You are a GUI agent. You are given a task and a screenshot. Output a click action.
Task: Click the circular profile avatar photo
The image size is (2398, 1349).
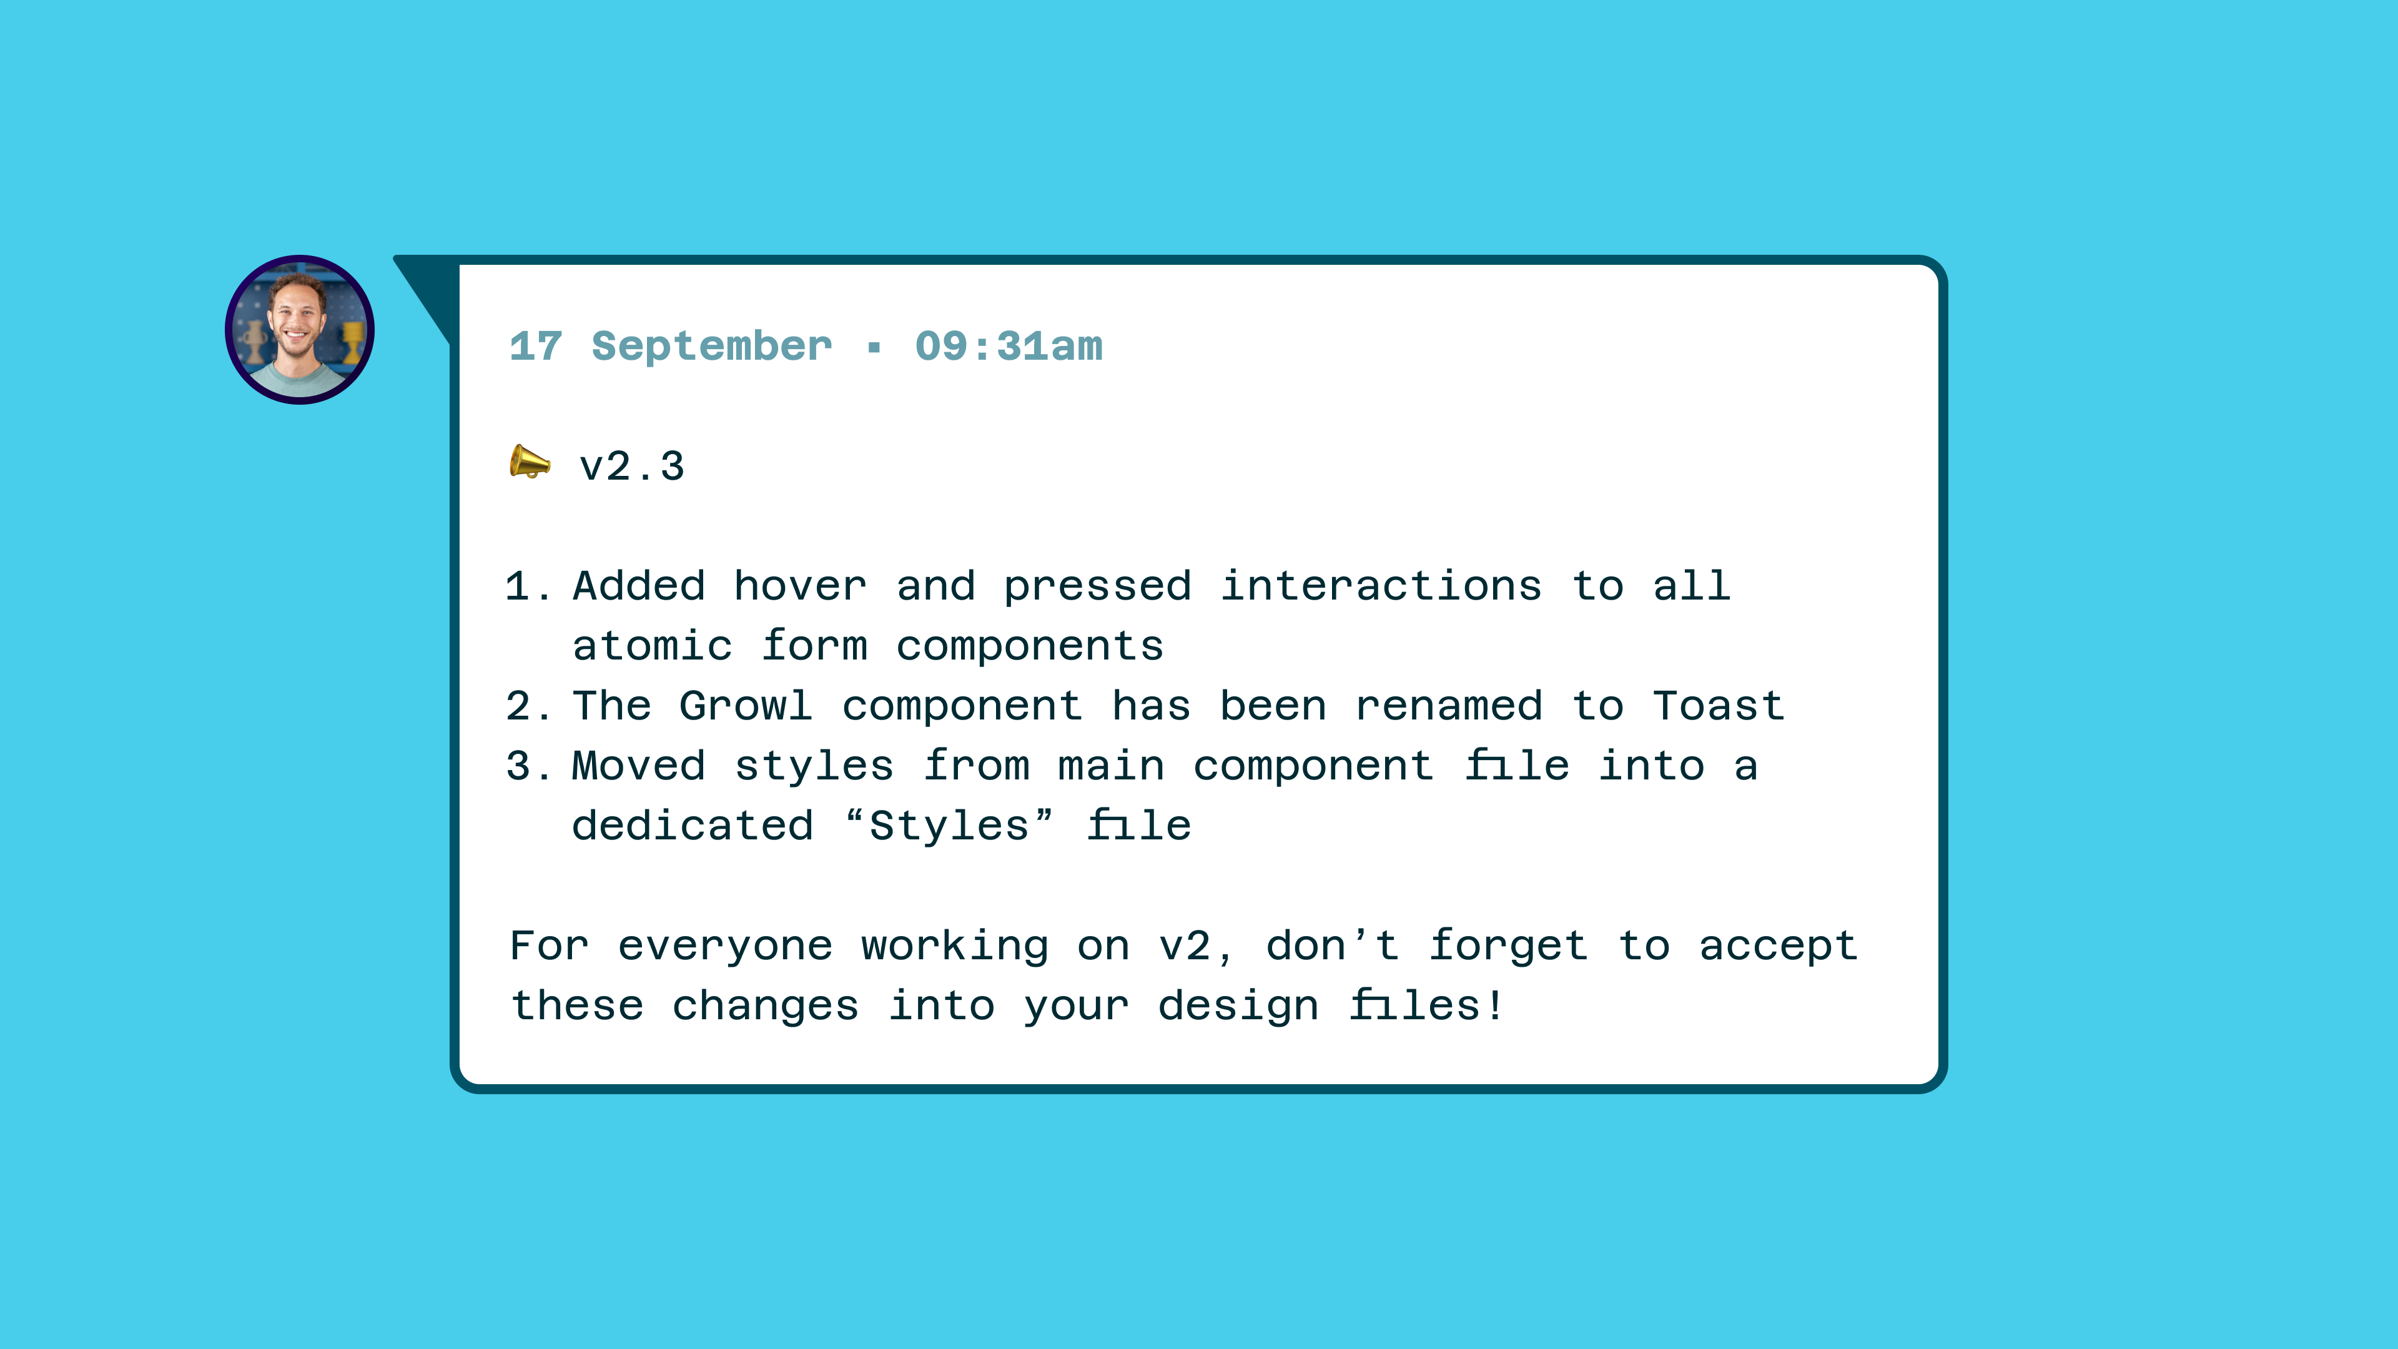[299, 330]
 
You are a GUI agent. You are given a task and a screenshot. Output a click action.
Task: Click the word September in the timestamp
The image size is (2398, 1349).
[711, 347]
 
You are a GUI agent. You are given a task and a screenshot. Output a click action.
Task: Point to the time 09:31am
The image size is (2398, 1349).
[1008, 347]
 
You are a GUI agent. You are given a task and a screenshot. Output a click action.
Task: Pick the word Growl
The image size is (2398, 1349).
[746, 706]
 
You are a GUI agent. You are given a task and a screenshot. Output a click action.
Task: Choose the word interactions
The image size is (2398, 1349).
[1381, 586]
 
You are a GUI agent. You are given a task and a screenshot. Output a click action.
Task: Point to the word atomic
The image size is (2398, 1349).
[653, 646]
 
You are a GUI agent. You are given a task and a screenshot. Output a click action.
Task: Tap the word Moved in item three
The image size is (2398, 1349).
[639, 766]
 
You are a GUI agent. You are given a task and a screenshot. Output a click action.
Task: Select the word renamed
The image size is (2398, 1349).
[1449, 706]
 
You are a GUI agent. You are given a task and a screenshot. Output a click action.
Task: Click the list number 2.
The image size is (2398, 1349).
[518, 706]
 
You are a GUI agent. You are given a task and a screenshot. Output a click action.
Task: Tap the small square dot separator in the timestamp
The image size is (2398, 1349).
[873, 348]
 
